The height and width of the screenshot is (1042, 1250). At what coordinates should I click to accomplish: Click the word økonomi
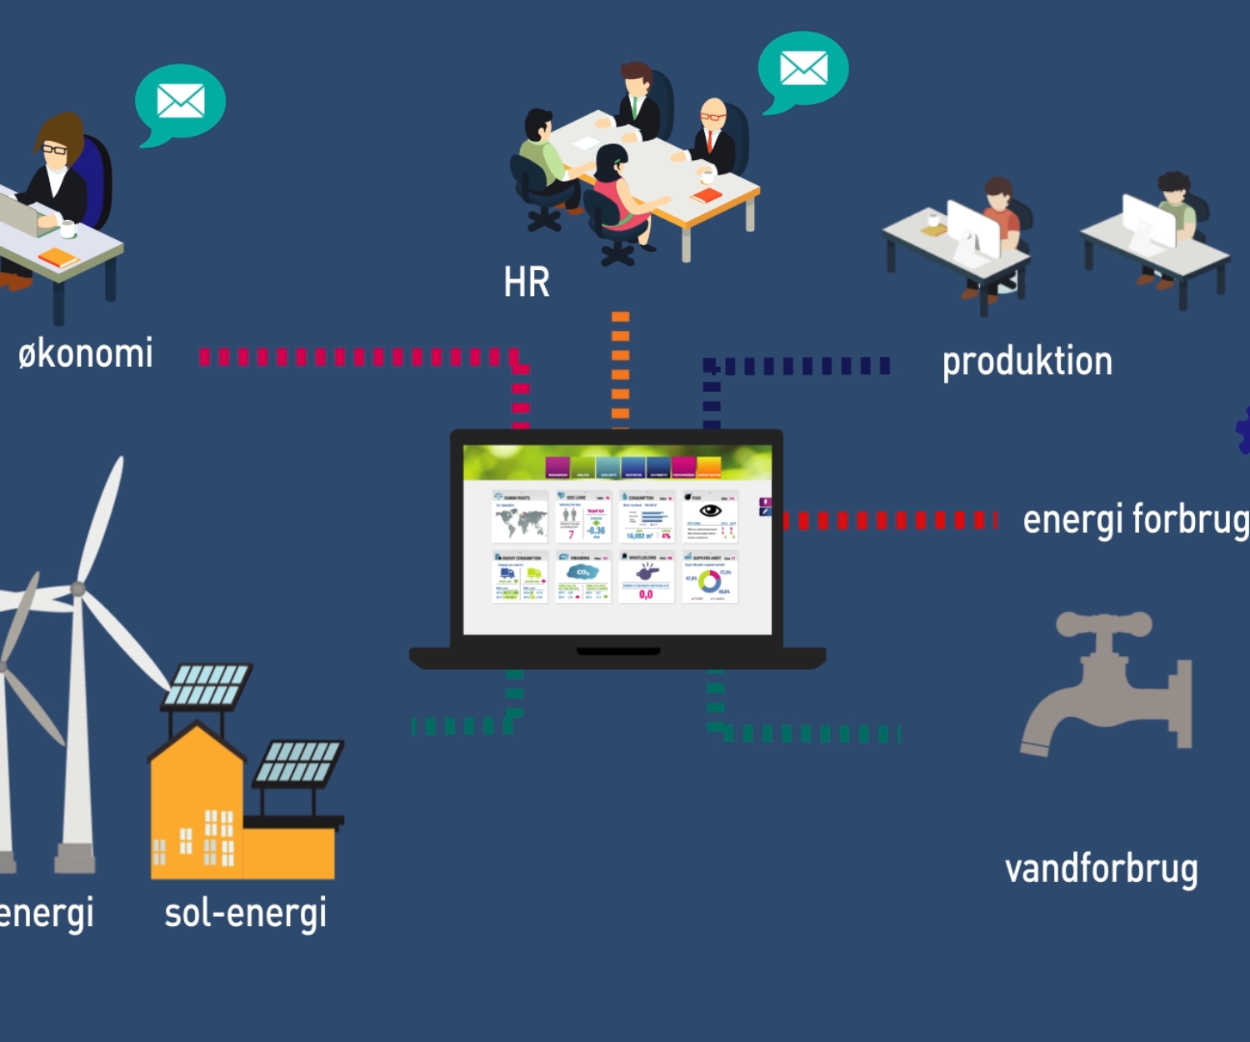86,354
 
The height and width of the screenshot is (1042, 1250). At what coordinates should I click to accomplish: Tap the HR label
527,283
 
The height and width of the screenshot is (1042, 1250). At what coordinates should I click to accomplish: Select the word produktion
1027,362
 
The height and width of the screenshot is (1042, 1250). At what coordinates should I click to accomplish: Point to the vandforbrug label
1101,869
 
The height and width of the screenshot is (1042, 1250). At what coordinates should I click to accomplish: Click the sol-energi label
245,914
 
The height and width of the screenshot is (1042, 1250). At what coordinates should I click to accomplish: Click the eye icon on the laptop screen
710,510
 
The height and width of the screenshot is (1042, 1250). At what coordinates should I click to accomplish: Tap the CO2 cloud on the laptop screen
582,572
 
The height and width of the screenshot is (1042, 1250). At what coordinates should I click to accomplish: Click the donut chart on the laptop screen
709,580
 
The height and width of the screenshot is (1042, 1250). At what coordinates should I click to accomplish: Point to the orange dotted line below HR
620,367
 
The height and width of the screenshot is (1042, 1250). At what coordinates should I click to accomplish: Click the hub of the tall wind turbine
78,589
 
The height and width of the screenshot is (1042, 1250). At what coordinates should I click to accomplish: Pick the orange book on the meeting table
707,196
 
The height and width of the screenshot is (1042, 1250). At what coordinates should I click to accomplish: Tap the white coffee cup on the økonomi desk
67,228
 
